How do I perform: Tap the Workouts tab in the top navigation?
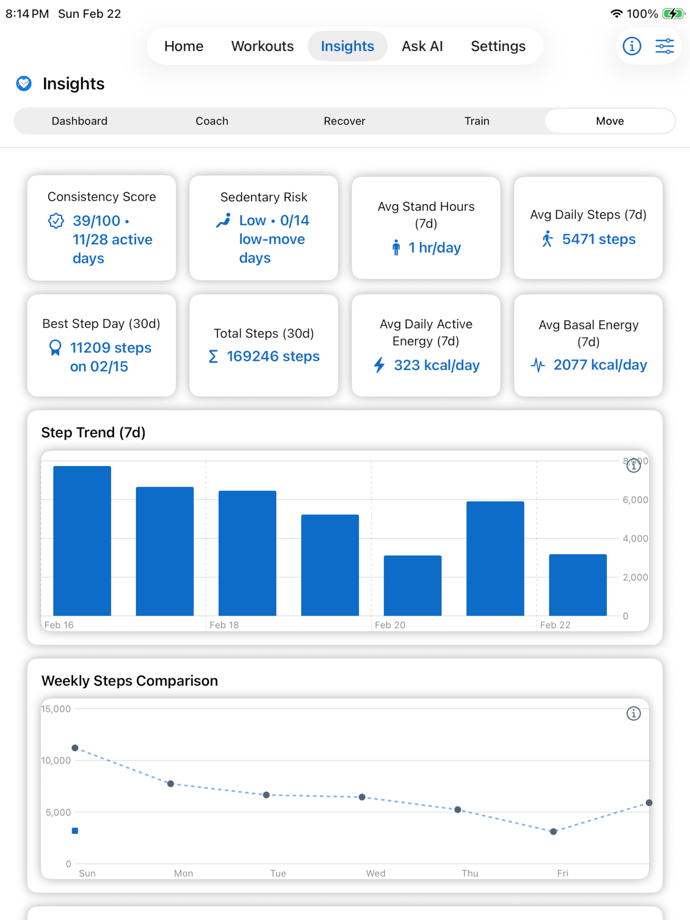(262, 46)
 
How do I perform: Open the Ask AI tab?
(422, 46)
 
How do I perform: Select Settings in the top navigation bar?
(498, 46)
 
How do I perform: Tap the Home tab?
(184, 46)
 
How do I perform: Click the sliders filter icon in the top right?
(664, 46)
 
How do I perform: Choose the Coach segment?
(212, 121)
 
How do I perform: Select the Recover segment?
(344, 121)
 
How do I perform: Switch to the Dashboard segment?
(80, 121)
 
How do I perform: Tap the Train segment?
(477, 121)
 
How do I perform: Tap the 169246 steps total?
(273, 356)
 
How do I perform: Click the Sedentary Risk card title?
(264, 197)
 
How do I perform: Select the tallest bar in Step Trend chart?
(82, 541)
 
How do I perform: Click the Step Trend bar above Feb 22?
(578, 585)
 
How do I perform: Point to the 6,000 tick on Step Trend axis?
(635, 500)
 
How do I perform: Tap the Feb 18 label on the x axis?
(224, 625)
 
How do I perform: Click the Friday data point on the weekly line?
(553, 832)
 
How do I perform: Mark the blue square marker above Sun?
(75, 831)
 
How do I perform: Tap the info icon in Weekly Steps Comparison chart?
(634, 714)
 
